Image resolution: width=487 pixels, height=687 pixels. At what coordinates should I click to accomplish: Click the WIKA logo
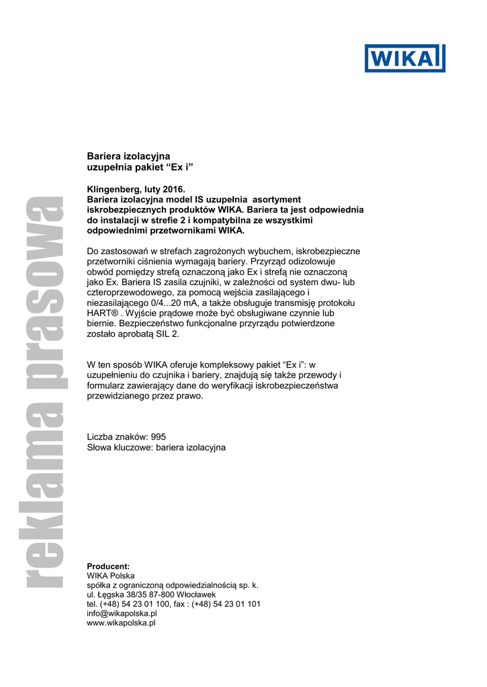pyautogui.click(x=405, y=58)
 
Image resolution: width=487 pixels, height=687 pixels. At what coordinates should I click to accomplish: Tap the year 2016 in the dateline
pyautogui.click(x=170, y=190)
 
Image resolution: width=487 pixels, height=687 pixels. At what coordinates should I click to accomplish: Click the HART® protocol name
pyautogui.click(x=101, y=313)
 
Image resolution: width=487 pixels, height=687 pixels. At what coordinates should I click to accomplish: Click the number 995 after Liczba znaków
pyautogui.click(x=158, y=437)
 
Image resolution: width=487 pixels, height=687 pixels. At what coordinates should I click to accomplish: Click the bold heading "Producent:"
pyautogui.click(x=109, y=566)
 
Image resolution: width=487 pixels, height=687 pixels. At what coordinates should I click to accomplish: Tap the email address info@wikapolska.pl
pyautogui.click(x=122, y=613)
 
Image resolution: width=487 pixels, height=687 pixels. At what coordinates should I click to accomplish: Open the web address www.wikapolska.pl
pyautogui.click(x=122, y=623)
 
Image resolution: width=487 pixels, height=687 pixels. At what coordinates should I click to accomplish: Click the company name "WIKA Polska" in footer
pyautogui.click(x=111, y=576)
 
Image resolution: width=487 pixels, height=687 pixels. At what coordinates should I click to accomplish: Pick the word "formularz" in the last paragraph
pyautogui.click(x=106, y=386)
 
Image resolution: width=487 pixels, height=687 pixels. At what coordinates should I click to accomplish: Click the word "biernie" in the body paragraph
pyautogui.click(x=101, y=323)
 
